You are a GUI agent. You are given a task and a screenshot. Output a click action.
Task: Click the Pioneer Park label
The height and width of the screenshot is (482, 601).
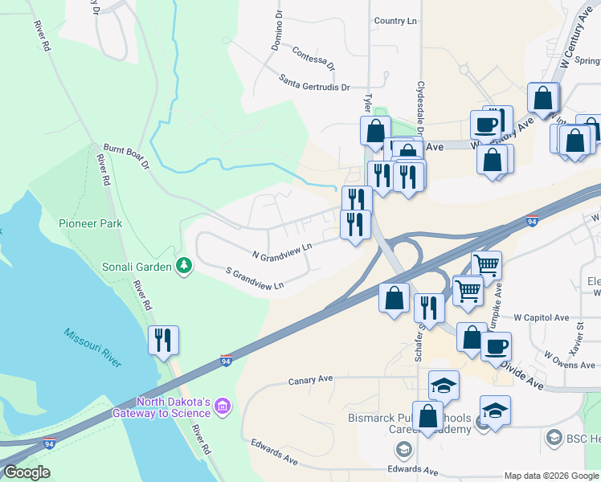click(91, 223)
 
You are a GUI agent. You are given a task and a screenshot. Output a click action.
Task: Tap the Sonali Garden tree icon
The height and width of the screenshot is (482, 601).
click(184, 265)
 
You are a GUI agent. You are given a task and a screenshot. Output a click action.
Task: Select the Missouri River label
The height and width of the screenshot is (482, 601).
click(92, 346)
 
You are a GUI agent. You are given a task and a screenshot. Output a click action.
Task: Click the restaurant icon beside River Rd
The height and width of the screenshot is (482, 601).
click(163, 340)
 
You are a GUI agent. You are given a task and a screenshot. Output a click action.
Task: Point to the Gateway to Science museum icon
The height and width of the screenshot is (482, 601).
click(223, 408)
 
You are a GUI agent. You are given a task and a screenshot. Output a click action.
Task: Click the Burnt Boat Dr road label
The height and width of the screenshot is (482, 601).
click(126, 157)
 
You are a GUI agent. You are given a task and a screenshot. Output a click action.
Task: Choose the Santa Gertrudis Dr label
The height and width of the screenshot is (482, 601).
click(315, 82)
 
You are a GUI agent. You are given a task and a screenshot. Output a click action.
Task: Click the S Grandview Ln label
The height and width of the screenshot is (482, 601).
click(255, 279)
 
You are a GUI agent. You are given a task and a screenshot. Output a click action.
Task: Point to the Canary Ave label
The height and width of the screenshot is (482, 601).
click(310, 379)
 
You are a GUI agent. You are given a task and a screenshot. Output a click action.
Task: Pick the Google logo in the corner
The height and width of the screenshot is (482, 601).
click(27, 472)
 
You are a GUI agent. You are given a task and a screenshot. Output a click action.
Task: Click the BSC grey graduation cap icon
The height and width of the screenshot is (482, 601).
click(554, 438)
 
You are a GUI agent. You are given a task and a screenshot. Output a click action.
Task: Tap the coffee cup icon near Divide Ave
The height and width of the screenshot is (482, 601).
click(496, 346)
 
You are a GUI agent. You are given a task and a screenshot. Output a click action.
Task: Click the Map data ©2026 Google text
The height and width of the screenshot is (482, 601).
click(551, 476)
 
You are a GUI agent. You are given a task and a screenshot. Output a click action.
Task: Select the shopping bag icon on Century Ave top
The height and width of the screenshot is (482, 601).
click(544, 98)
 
